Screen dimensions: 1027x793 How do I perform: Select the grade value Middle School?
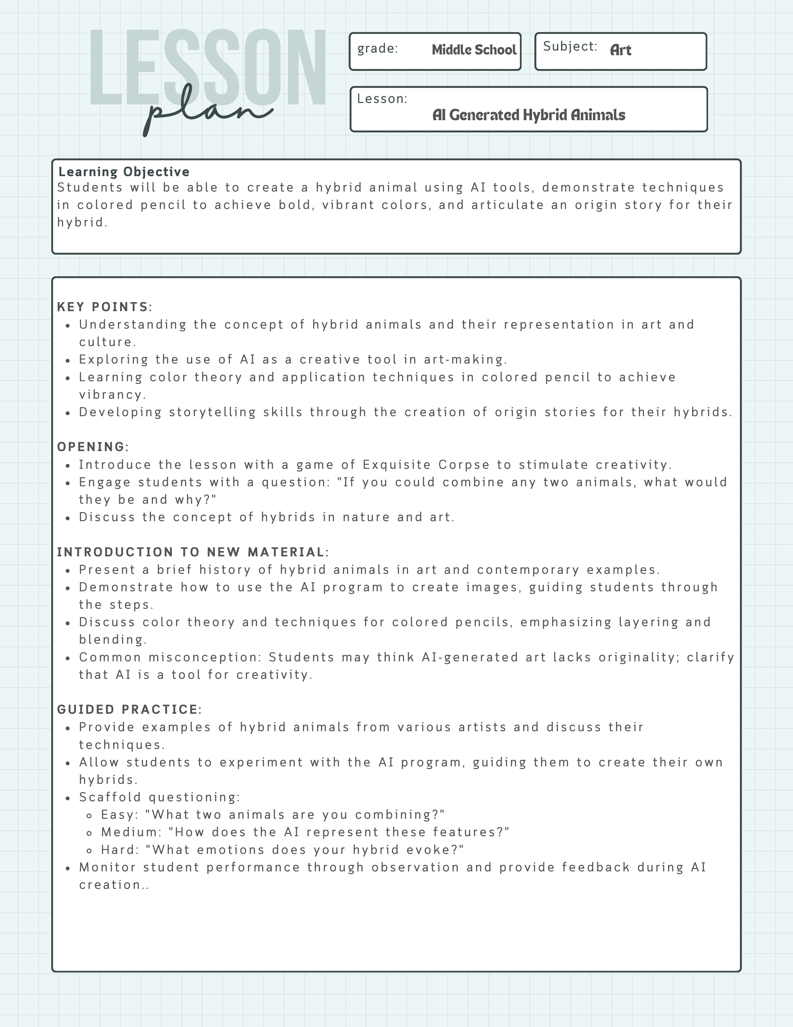[474, 50]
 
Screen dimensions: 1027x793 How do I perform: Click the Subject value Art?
[620, 50]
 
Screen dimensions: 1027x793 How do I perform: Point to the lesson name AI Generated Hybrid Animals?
[528, 115]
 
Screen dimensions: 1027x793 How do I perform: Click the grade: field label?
[377, 49]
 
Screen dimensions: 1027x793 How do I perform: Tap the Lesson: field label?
[382, 99]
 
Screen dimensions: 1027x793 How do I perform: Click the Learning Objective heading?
[124, 172]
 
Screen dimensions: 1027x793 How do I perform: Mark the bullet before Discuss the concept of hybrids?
[68, 518]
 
